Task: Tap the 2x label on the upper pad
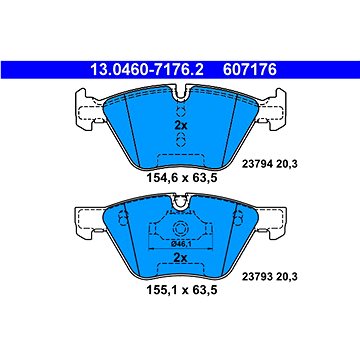click(180, 128)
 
